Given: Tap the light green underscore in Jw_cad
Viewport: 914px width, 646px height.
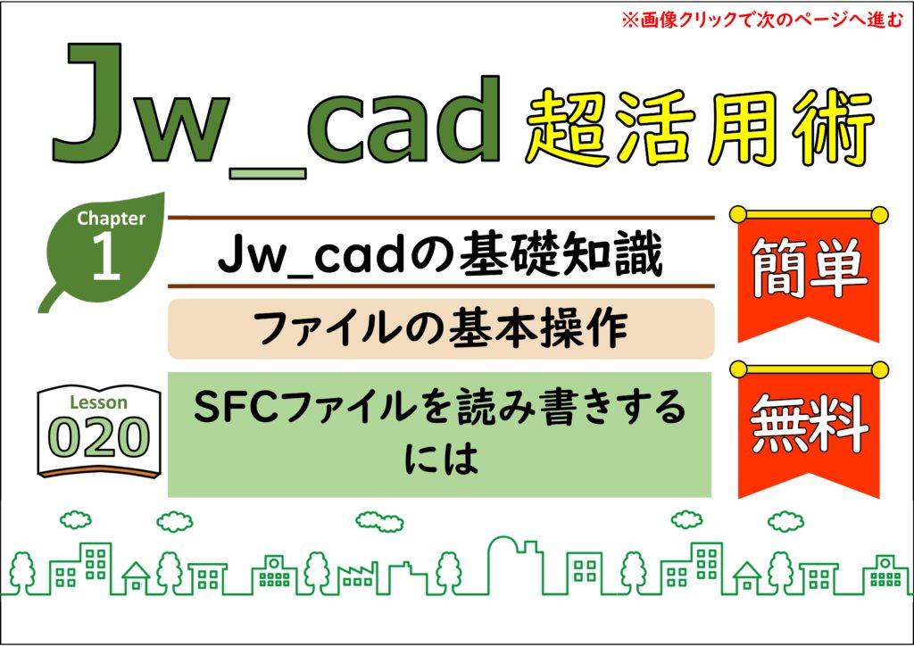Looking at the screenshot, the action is (x=268, y=173).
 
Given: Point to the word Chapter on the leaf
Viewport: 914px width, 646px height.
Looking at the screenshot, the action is (x=111, y=219).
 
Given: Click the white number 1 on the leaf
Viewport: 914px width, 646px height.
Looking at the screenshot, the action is (x=106, y=255).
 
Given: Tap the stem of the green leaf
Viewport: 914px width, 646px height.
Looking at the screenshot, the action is (x=51, y=297).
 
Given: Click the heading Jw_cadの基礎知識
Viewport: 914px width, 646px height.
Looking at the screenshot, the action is (x=441, y=254).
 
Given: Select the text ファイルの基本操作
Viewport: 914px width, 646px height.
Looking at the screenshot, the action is (x=441, y=328).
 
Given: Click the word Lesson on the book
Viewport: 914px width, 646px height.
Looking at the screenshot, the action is (x=98, y=402).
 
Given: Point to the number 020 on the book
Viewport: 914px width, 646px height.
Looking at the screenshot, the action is (x=98, y=437).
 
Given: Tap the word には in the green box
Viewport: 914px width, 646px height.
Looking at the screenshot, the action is (x=441, y=458).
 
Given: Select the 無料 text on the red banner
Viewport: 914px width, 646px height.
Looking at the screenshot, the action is (x=809, y=423).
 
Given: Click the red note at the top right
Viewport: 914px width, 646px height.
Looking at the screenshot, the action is (x=762, y=21).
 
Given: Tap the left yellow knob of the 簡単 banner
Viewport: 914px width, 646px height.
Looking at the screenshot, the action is (x=738, y=214).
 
